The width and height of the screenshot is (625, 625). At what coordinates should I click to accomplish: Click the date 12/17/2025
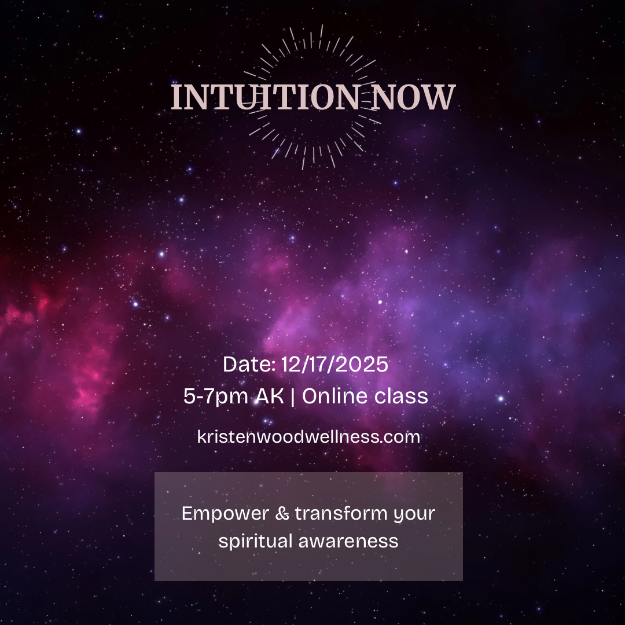[334, 365]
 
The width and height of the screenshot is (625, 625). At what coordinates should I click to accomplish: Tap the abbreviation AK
[270, 396]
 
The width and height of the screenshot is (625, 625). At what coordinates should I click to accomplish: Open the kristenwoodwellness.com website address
[308, 436]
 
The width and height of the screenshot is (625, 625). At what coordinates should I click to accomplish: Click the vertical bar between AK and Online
[292, 396]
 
